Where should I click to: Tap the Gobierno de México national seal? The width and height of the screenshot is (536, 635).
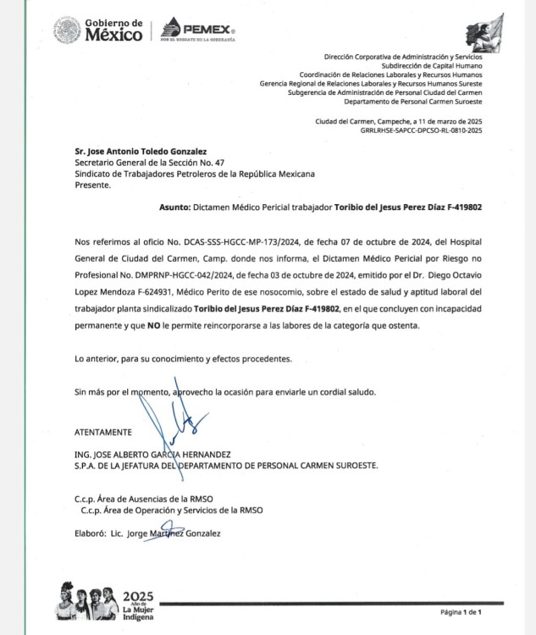66,31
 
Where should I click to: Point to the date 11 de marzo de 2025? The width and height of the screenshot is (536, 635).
441,121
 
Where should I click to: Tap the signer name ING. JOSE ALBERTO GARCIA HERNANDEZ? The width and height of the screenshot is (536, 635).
153,454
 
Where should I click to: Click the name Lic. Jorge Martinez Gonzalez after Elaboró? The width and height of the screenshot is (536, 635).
165,533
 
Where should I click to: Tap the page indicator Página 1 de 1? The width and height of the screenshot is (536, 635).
460,611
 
